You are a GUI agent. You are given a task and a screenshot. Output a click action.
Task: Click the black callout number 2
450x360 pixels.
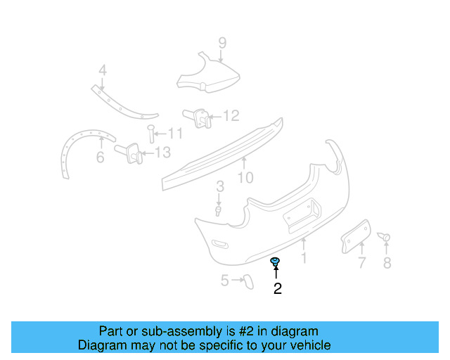coord(278,288)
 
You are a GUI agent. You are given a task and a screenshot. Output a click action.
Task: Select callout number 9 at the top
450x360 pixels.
coord(222,43)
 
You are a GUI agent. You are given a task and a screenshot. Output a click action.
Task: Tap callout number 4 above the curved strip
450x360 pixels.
coord(103,70)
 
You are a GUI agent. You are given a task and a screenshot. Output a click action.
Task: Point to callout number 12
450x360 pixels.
coord(231,115)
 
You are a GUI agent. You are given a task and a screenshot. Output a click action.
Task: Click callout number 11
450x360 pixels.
coord(175,133)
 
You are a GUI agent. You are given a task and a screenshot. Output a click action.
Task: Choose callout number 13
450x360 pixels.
coord(162,152)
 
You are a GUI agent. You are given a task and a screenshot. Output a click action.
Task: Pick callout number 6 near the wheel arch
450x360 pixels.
coord(100,157)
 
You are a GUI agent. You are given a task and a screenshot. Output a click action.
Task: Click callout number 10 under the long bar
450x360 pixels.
coord(245,177)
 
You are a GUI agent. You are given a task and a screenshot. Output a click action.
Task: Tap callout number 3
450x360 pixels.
coord(220,186)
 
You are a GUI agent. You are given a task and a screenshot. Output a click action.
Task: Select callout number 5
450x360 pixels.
coord(224,281)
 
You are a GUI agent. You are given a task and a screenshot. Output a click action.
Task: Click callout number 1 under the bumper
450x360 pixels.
coord(304,258)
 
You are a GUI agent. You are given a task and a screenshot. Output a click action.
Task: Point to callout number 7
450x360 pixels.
coord(361,264)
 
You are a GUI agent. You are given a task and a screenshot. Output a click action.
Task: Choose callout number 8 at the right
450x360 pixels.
coord(386,264)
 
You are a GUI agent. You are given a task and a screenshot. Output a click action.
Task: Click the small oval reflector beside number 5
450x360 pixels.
coord(247,281)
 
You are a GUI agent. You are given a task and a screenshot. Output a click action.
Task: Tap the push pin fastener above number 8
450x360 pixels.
coord(384,238)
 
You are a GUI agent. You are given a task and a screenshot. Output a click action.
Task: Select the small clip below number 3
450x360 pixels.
coord(219,210)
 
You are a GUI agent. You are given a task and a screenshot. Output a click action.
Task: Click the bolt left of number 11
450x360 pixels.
coord(150,131)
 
